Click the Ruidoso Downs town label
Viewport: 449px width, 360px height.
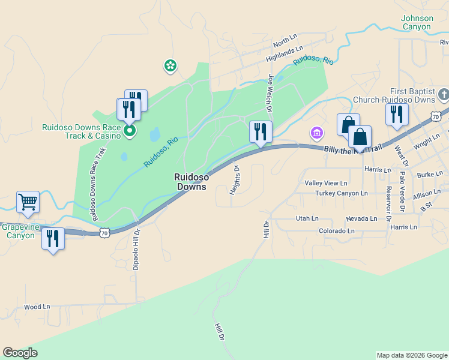[191, 182]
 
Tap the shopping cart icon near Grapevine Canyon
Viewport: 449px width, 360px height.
[28, 203]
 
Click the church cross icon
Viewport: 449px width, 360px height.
[443, 94]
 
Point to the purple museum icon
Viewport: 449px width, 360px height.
[316, 132]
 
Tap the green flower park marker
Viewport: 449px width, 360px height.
[170, 65]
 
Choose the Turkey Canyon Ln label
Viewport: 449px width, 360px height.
[341, 193]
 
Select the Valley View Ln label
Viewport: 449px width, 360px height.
[326, 183]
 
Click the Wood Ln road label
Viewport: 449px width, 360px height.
[37, 307]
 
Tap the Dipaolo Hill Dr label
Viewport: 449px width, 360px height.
[136, 248]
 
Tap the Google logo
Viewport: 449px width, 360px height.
[20, 353]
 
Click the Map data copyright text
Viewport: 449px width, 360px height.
[411, 355]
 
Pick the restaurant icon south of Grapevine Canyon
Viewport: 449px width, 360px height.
[53, 238]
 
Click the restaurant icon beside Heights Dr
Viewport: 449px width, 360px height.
[261, 131]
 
